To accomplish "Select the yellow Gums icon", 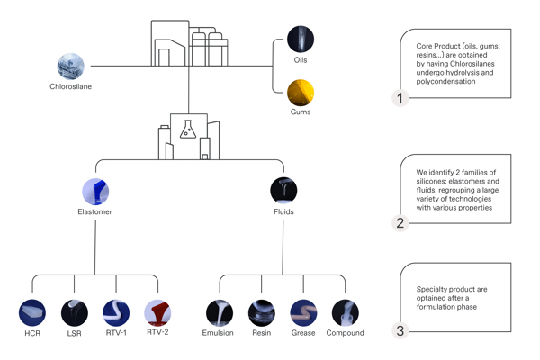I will (301, 92).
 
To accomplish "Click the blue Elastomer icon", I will (95, 191).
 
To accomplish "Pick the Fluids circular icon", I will (283, 191).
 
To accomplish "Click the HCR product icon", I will (32, 313).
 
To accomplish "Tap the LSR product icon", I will (74, 313).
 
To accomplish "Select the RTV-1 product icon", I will (116, 313).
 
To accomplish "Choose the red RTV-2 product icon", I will (157, 313).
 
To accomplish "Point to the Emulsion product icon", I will (219, 313).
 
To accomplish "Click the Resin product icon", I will (261, 313).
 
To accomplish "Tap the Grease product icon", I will (303, 313).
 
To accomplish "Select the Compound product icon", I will (345, 313).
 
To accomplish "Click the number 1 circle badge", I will (400, 98).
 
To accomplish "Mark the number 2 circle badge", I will (400, 222).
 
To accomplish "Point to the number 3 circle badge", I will (400, 330).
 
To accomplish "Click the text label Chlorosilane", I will (71, 87).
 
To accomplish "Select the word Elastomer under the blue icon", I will (95, 212).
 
